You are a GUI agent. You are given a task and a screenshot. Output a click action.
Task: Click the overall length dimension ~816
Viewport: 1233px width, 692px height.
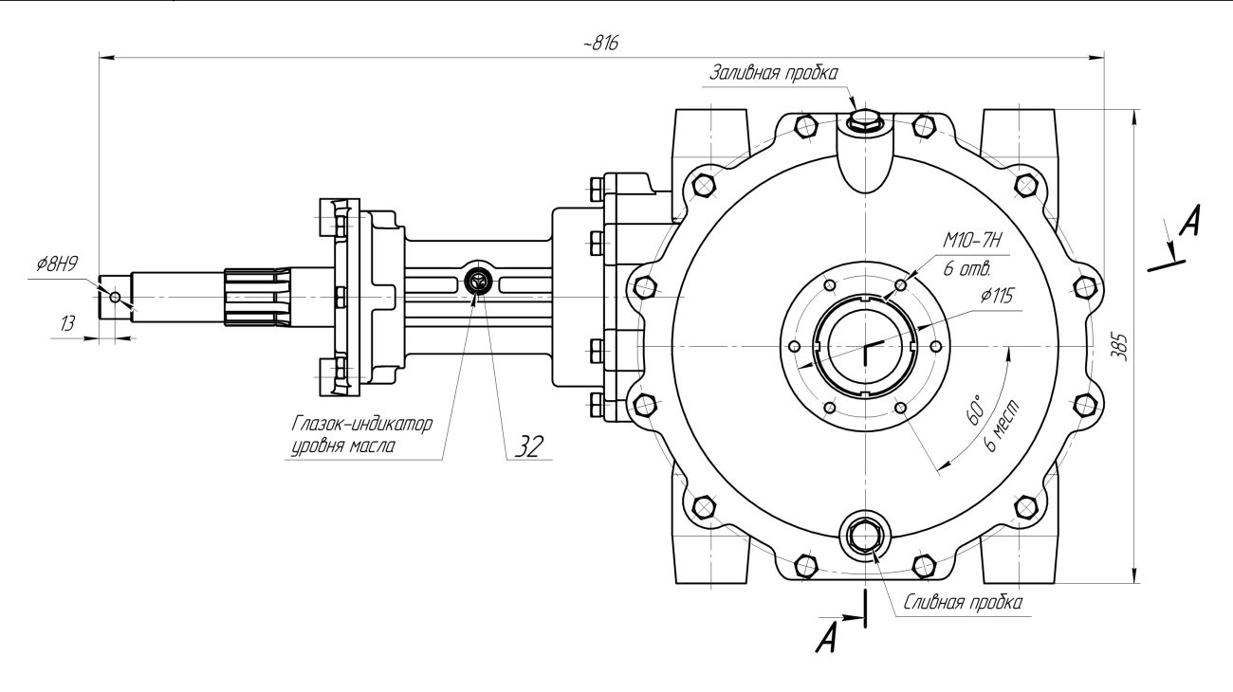click(600, 45)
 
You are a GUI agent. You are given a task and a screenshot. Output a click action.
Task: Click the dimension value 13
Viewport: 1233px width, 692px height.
click(68, 323)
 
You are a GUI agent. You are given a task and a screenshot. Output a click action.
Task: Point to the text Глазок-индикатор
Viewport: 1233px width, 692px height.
click(362, 424)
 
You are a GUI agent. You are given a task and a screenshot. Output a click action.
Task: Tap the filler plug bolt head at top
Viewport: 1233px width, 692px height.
click(864, 119)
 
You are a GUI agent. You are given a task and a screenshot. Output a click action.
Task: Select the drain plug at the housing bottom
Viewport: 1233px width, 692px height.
click(866, 536)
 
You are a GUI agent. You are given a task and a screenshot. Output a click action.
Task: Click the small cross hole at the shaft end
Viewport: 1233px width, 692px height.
click(116, 297)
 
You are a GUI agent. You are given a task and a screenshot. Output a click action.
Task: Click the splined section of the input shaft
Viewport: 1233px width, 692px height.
click(256, 297)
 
